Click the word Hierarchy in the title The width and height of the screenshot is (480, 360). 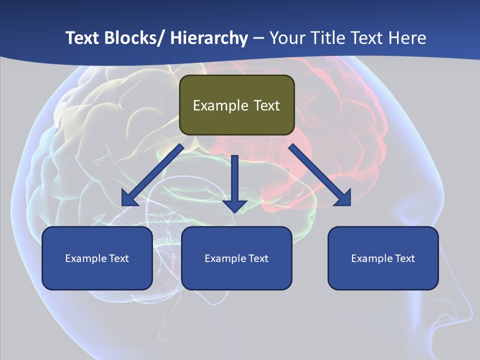pyautogui.click(x=208, y=38)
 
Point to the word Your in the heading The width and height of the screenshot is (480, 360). pyautogui.click(x=287, y=38)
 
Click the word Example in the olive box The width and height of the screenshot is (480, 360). pyautogui.click(x=220, y=105)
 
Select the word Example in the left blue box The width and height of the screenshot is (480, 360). pyautogui.click(x=83, y=258)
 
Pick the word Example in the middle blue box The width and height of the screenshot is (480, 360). pyautogui.click(x=223, y=258)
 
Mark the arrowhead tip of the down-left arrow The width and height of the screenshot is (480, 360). pyautogui.click(x=123, y=205)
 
